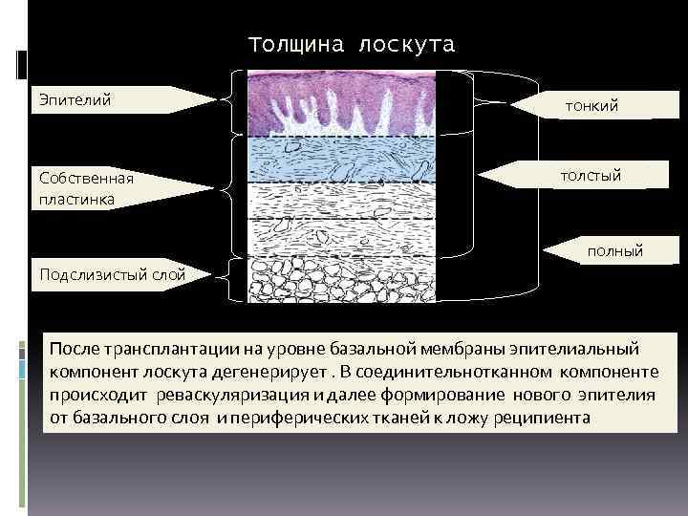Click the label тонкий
click(x=591, y=105)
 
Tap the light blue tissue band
click(x=341, y=159)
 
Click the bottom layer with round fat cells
click(x=341, y=280)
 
